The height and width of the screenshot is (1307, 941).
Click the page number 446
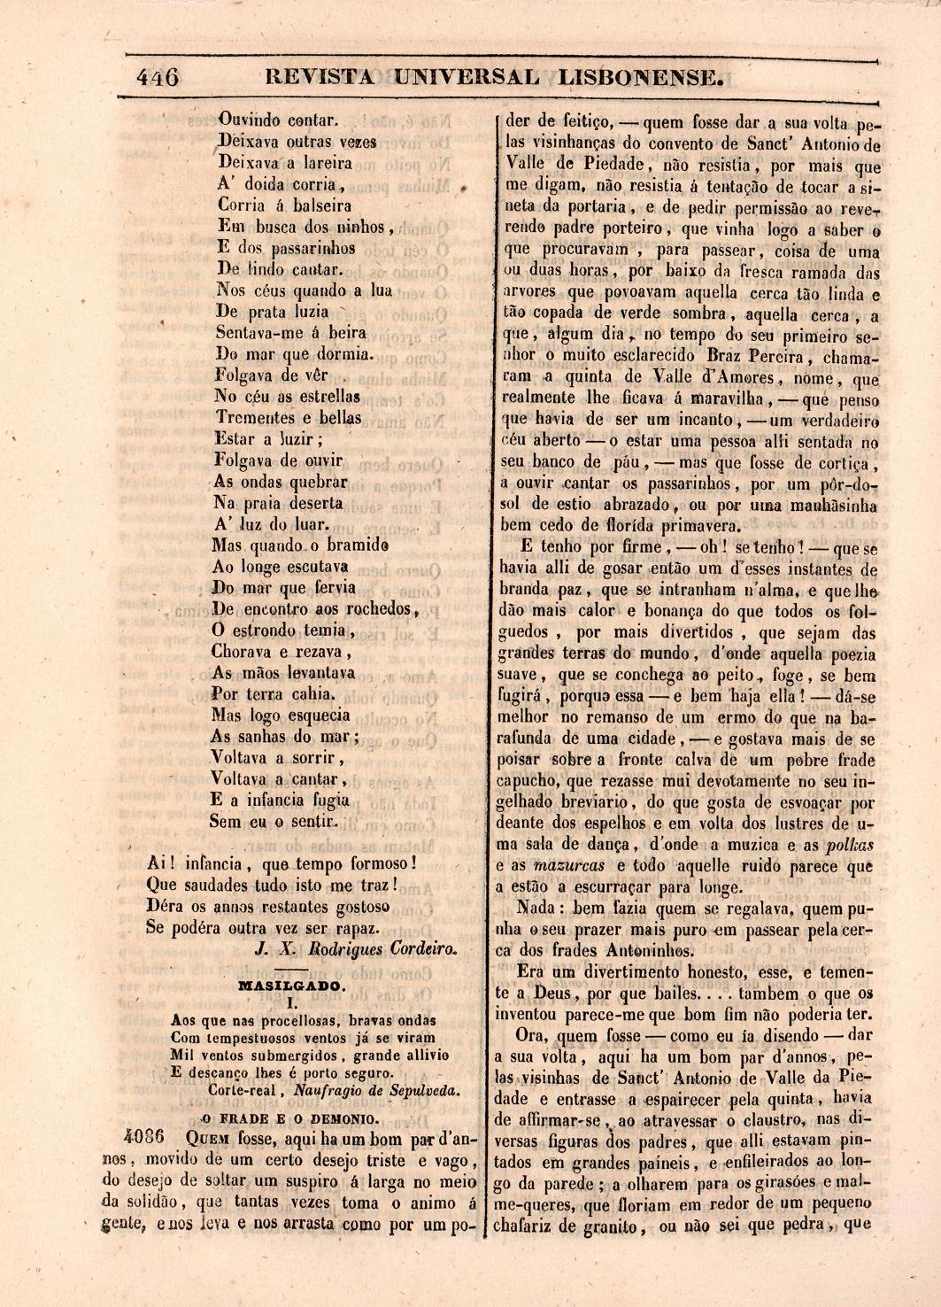158,78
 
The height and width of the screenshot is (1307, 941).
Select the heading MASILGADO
293,984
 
